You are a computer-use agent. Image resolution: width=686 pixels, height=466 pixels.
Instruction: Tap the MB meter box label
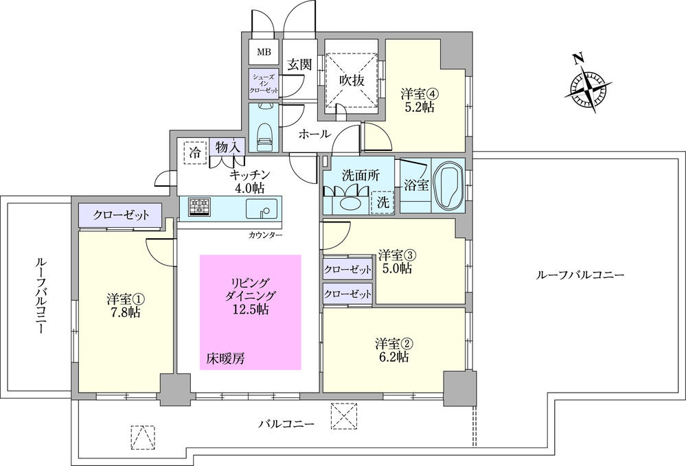coord(264,51)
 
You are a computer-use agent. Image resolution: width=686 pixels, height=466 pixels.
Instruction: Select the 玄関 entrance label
coord(299,65)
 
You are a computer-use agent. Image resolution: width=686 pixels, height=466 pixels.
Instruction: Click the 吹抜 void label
coord(352,80)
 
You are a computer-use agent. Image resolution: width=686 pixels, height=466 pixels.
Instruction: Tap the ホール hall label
coord(315,135)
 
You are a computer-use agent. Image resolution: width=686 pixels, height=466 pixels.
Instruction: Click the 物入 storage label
coord(227,147)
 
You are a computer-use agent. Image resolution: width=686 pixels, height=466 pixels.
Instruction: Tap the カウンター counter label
coord(265,235)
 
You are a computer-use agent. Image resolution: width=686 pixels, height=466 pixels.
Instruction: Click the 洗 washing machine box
coord(382,203)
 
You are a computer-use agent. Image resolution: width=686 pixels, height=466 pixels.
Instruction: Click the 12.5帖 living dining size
coord(250,310)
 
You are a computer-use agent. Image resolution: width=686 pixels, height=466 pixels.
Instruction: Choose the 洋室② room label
coord(392,342)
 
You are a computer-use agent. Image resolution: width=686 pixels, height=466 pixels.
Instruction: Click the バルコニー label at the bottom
coord(286,424)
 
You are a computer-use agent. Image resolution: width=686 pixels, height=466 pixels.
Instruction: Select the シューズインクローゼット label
coord(264,83)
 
